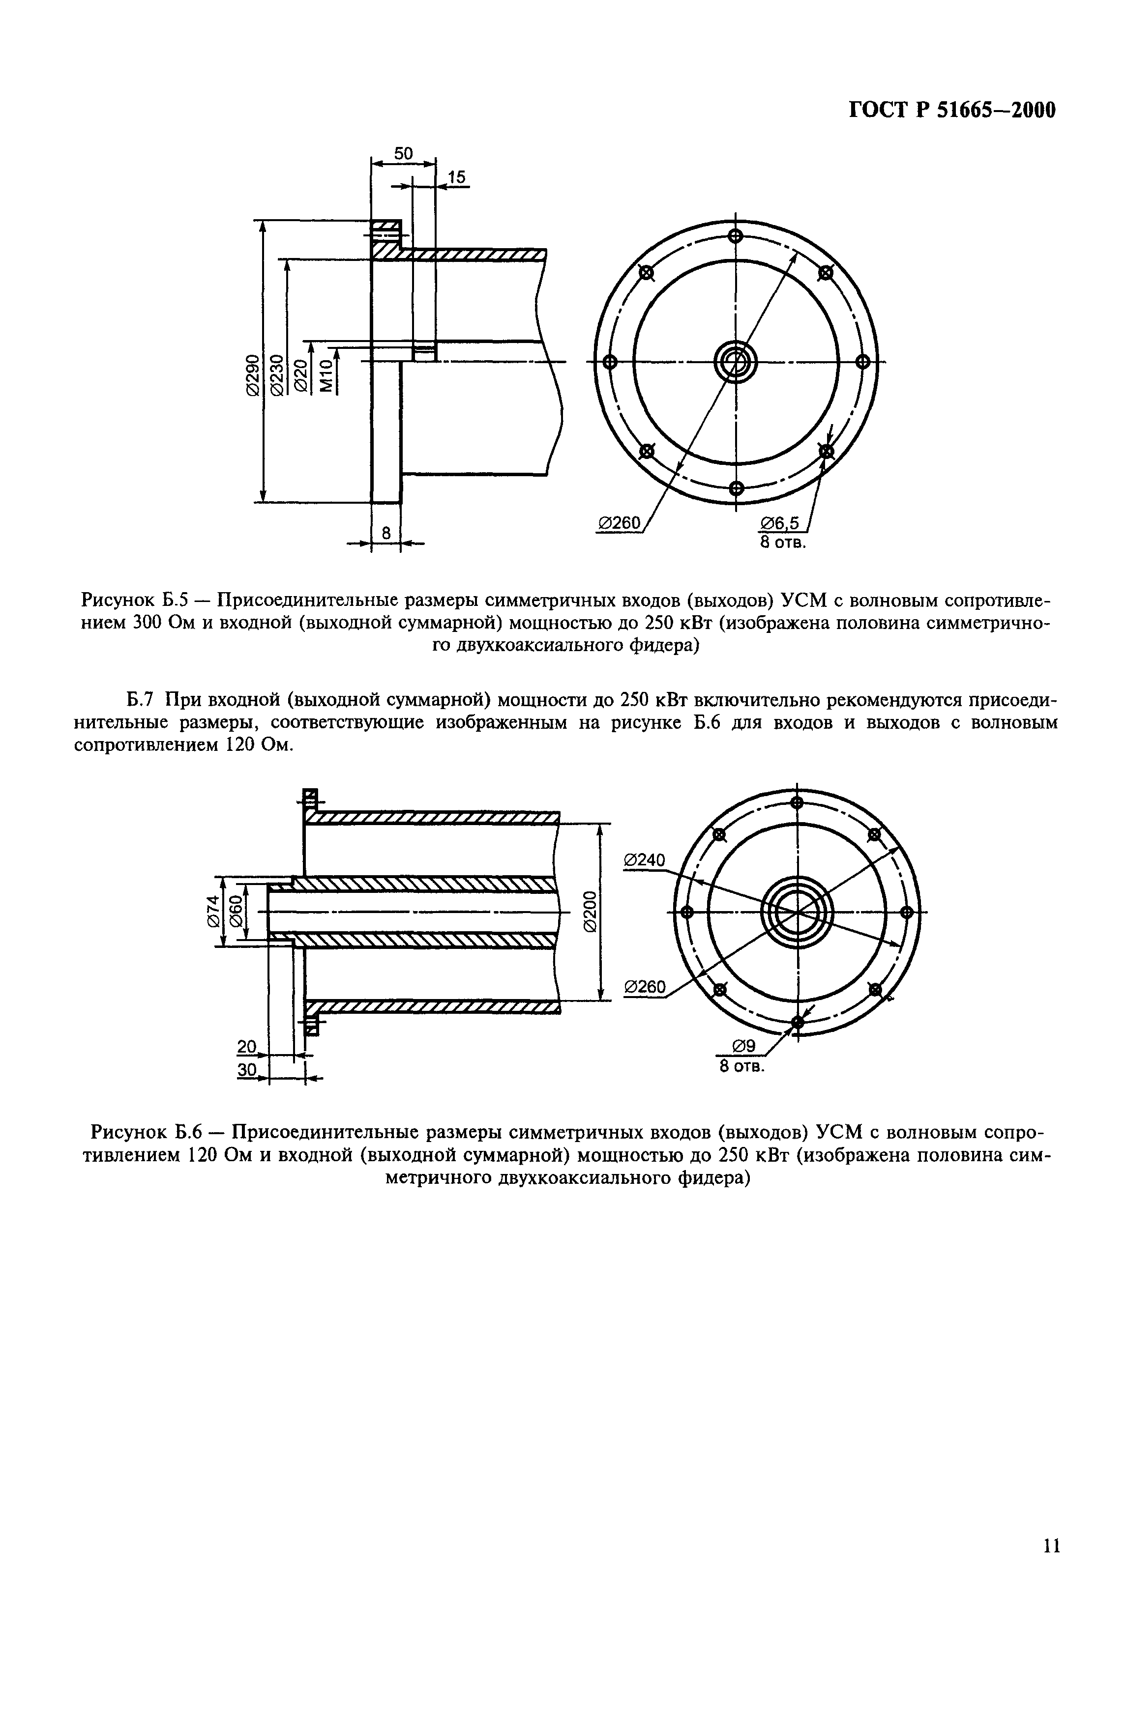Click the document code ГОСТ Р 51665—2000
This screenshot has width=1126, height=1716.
(951, 110)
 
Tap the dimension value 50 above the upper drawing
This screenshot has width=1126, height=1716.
(403, 154)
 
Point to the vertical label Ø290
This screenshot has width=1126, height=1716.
(252, 375)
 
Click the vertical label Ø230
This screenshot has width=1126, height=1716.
(275, 375)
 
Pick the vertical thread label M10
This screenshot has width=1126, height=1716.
(327, 375)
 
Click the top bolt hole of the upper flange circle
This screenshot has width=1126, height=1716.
(736, 236)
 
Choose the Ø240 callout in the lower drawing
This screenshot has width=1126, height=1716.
(644, 859)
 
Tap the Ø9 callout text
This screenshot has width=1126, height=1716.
(743, 1045)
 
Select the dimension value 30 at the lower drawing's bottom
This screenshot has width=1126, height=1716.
(247, 1071)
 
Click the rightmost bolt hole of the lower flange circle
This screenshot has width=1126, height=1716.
(907, 912)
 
